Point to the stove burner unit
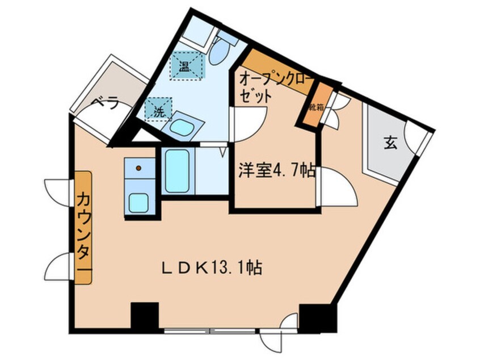click(x=138, y=168)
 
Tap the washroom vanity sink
click(x=182, y=127)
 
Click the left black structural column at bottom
click(x=144, y=316)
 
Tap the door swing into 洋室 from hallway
click(x=336, y=190)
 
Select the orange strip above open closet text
click(x=278, y=68)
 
